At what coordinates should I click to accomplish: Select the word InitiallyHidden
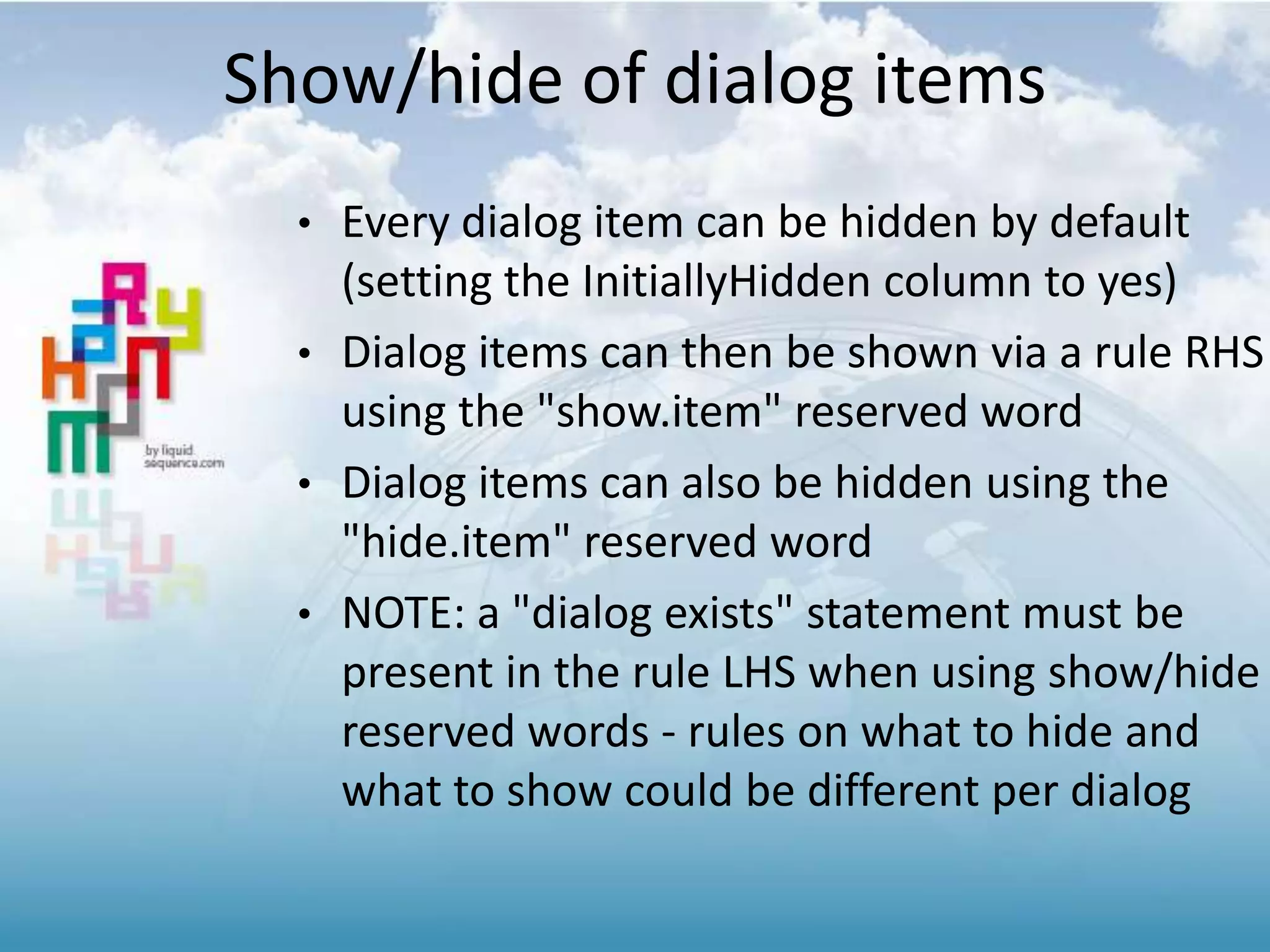tap(726, 281)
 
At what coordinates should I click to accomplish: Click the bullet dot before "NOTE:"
tap(303, 615)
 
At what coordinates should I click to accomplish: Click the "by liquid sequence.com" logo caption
tap(184, 456)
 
